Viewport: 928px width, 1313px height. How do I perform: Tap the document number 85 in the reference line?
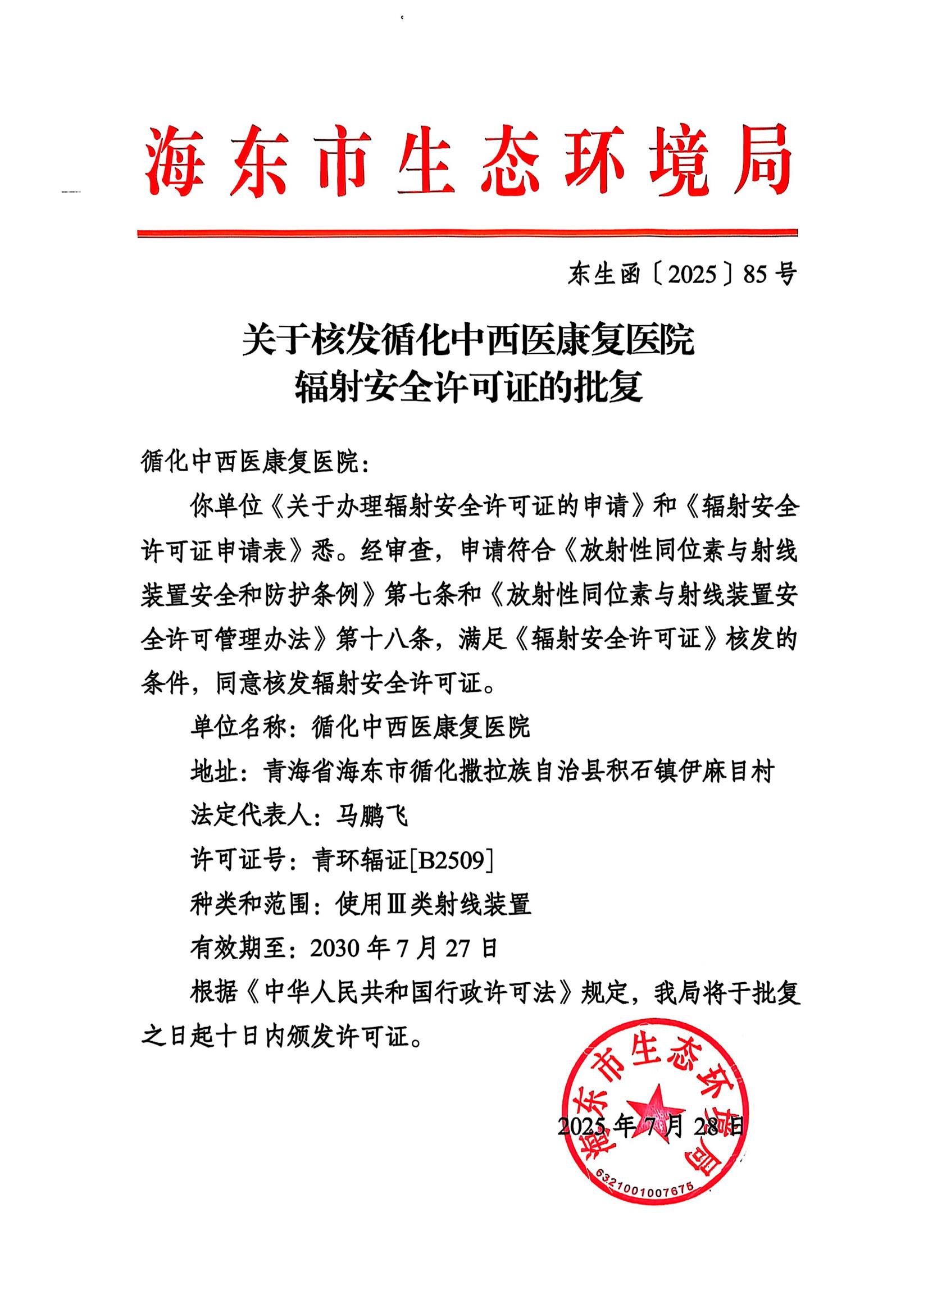[754, 275]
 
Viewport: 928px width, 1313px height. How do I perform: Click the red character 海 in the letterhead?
[175, 162]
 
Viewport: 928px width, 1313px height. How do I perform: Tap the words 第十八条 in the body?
[383, 639]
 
